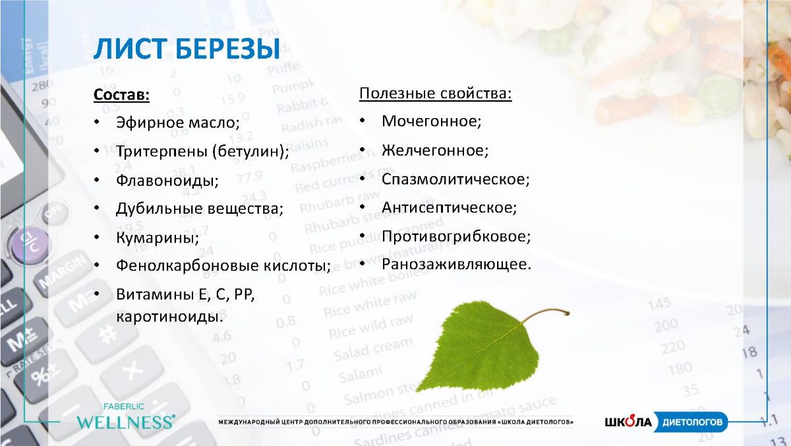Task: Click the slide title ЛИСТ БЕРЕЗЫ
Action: pos(187,48)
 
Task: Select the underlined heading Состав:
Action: pos(121,95)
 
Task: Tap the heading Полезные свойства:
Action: pos(436,94)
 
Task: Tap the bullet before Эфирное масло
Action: pos(97,122)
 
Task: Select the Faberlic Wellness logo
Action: pos(126,416)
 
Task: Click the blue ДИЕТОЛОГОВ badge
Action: pos(691,422)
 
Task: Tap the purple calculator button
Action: pos(29,245)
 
